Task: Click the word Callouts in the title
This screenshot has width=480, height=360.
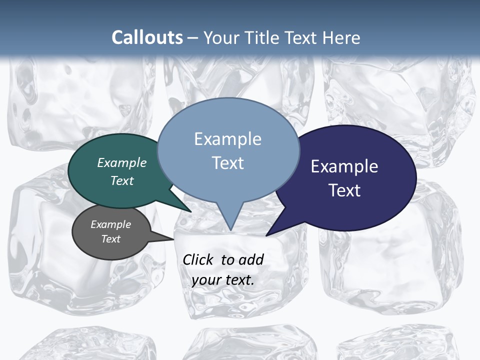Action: tap(147, 37)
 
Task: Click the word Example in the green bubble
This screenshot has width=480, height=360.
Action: tap(122, 162)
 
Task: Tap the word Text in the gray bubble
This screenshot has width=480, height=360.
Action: tap(111, 239)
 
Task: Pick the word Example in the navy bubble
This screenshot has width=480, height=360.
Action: tap(344, 166)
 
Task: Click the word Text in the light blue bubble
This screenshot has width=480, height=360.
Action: tap(228, 163)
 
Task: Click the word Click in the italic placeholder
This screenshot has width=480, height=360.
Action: tap(199, 259)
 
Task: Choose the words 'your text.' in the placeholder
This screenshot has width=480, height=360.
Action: tap(223, 280)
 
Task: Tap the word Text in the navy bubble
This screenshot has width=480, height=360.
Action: tap(344, 190)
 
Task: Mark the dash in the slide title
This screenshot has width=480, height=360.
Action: tap(193, 38)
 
